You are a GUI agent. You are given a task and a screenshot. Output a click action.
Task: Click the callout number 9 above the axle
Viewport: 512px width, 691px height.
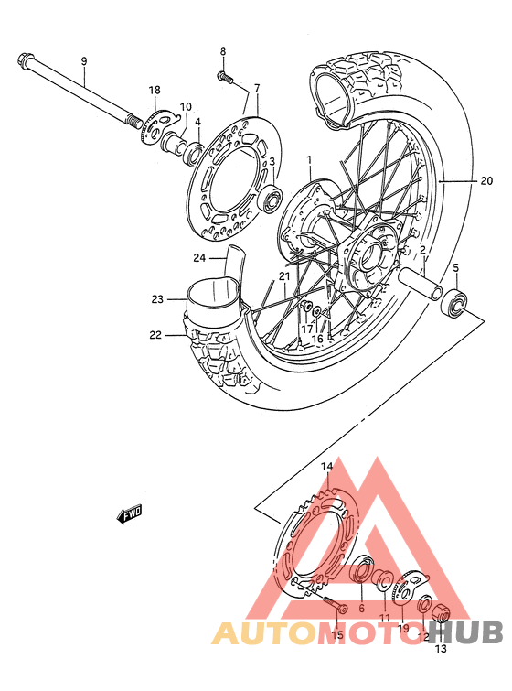tap(83, 61)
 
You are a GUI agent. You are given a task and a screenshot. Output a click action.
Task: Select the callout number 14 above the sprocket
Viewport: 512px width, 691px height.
tap(326, 467)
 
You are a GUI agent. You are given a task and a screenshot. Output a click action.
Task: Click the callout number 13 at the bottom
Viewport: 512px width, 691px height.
tap(441, 650)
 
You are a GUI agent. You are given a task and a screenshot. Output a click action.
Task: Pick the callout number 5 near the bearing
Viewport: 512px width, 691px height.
tap(455, 268)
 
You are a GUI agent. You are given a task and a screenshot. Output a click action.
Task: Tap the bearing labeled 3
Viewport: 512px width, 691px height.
tap(272, 198)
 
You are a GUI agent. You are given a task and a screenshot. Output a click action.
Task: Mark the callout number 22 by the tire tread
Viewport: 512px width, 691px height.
tap(156, 336)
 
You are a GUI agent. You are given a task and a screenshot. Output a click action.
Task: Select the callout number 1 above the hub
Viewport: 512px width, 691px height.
tap(309, 159)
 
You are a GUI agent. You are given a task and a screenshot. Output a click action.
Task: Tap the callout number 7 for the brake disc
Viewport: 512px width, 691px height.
tap(257, 89)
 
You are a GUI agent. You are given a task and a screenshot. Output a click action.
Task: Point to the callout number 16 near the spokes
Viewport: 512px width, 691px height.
tap(317, 339)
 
